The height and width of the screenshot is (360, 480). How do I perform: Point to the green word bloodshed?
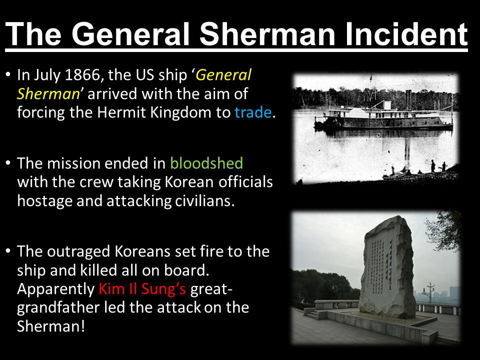pos(206,163)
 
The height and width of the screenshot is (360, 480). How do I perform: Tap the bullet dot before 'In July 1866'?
pos(8,75)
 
